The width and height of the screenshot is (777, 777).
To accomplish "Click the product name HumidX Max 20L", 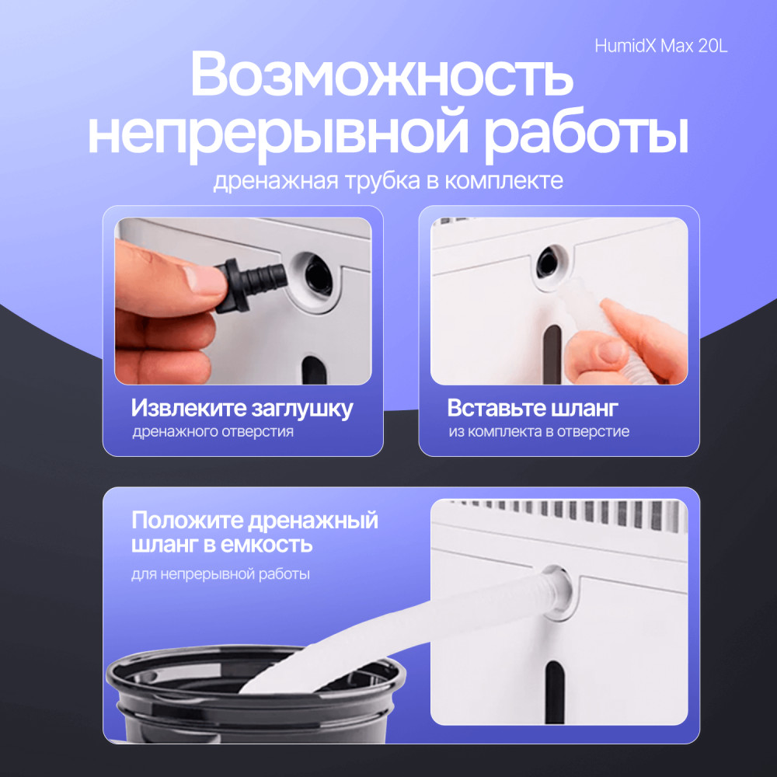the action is [661, 46].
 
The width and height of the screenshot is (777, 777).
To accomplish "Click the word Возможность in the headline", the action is [382, 75].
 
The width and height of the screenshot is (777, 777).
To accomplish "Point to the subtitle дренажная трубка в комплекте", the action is [388, 180].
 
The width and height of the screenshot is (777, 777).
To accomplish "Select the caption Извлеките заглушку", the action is [242, 409].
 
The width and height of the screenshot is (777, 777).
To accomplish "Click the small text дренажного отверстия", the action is [213, 431].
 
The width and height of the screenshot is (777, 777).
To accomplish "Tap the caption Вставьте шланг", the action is [533, 408].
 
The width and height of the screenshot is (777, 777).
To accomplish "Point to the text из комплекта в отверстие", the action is [538, 431].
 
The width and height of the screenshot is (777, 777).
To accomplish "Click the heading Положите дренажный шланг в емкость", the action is [255, 532].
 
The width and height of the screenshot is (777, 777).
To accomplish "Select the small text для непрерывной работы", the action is [221, 574].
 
